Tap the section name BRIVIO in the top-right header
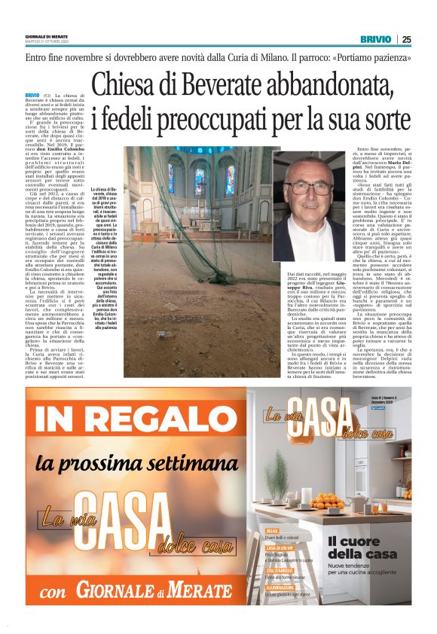pos(375,39)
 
